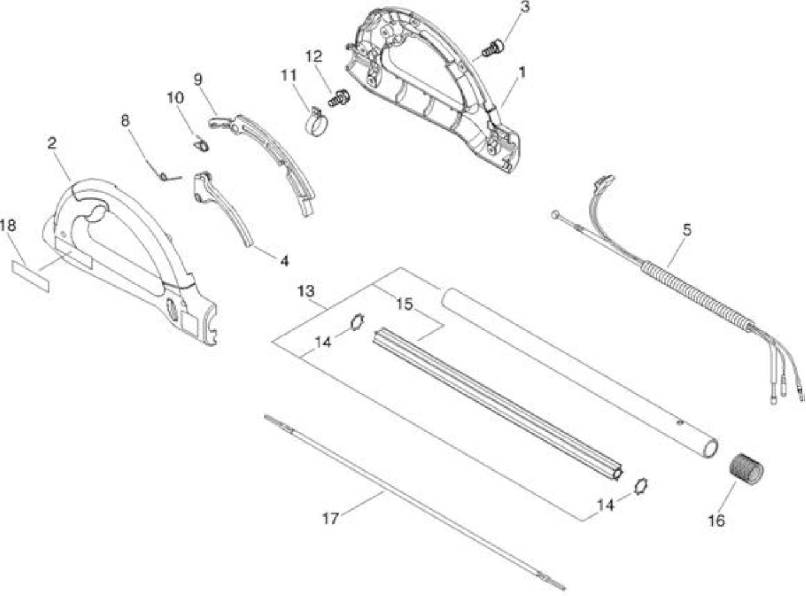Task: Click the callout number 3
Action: (x=524, y=6)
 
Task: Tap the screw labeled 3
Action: (x=493, y=49)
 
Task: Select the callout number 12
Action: (x=314, y=56)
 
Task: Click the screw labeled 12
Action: (x=339, y=98)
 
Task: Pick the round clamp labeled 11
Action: (x=315, y=122)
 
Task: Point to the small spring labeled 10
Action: (x=201, y=144)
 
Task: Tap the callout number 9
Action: (x=198, y=79)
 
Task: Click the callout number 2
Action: (x=52, y=144)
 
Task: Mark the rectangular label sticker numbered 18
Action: (x=30, y=276)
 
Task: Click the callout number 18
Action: (x=8, y=226)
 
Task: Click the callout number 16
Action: (x=716, y=521)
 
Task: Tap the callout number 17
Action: (x=331, y=519)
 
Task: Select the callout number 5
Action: (x=687, y=230)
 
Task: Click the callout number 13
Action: (x=305, y=291)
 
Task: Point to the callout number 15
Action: (x=404, y=304)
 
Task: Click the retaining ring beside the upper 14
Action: (x=357, y=322)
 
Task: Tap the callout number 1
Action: (x=522, y=72)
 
